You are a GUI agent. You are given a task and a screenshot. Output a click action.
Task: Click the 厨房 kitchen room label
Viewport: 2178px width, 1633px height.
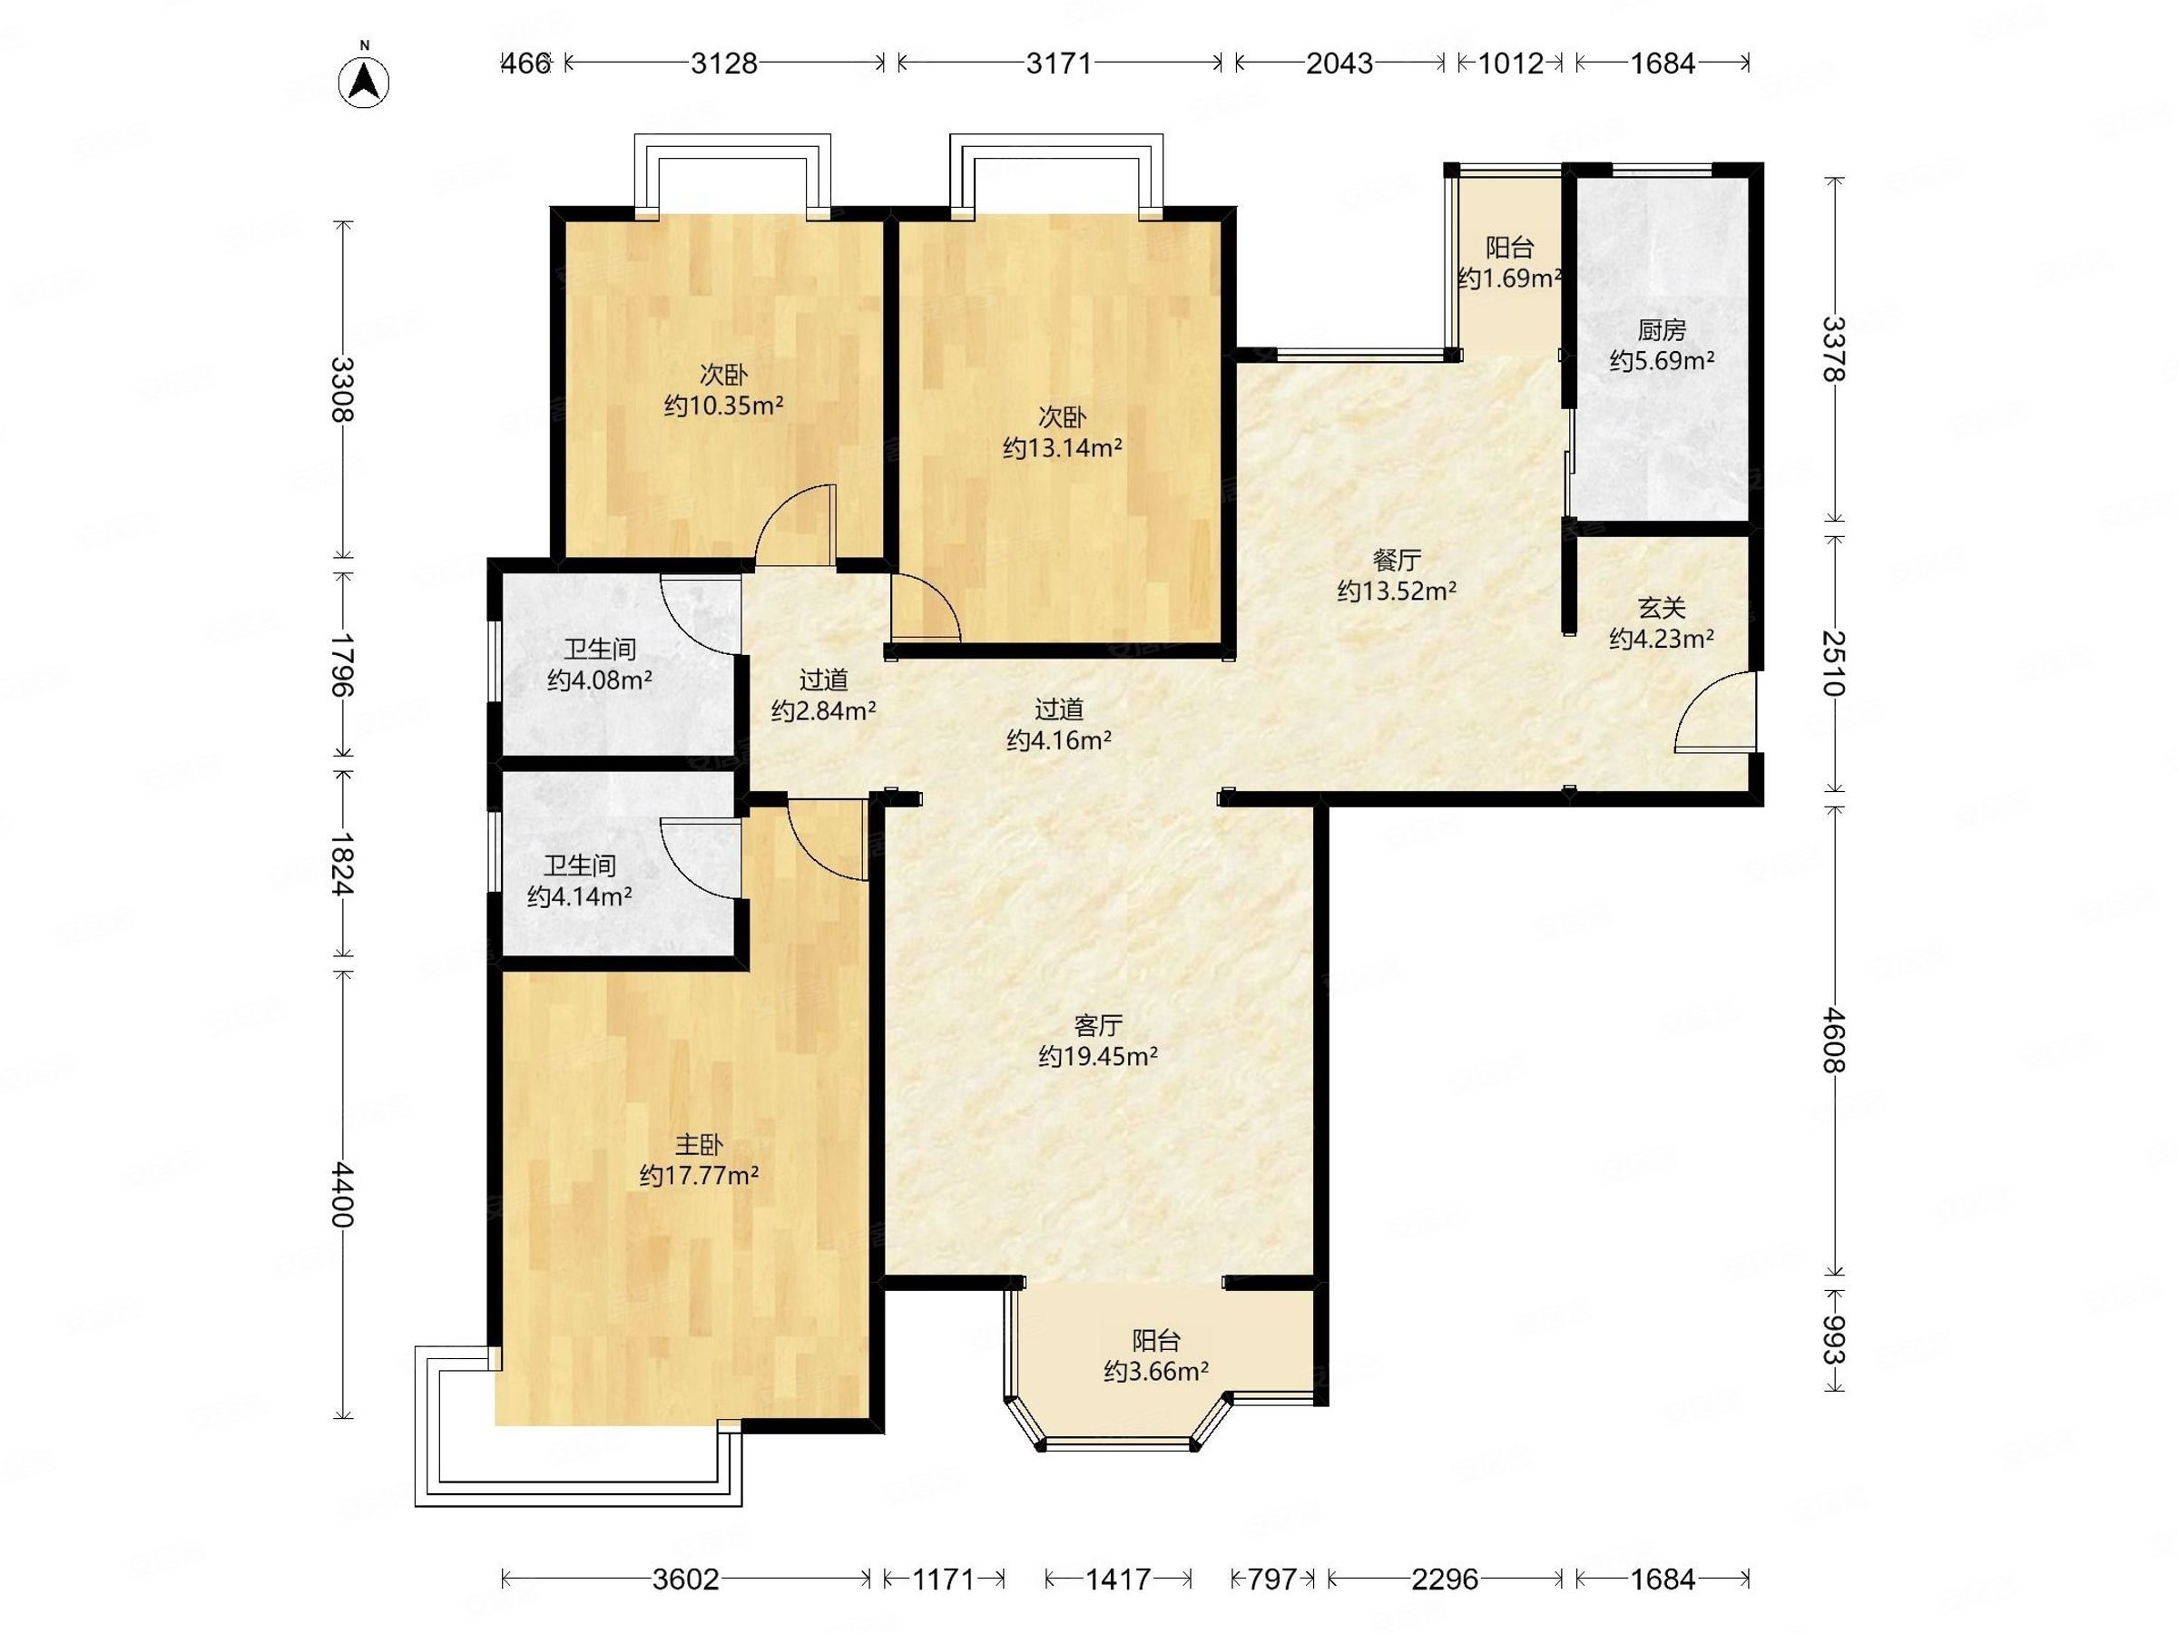tap(1662, 329)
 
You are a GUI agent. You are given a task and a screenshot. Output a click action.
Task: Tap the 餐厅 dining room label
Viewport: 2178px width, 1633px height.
tap(1397, 560)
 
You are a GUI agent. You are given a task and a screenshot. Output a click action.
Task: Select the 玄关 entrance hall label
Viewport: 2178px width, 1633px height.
tap(1662, 609)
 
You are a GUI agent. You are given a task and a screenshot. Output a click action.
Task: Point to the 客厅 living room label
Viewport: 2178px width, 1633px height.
tap(1098, 1026)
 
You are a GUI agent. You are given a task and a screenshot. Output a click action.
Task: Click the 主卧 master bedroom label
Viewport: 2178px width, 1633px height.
tap(699, 1145)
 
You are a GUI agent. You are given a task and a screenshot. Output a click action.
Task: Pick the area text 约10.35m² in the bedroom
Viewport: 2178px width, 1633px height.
tap(723, 406)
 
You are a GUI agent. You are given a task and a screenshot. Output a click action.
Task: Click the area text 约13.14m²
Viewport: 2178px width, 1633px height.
tap(1063, 449)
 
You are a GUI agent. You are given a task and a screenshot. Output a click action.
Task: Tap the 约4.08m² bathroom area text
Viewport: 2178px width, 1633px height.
tap(600, 680)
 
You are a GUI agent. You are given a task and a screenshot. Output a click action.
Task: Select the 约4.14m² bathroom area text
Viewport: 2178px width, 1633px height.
tap(579, 896)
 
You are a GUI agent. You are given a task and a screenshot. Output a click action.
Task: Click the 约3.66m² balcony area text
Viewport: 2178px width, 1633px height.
tap(1156, 1371)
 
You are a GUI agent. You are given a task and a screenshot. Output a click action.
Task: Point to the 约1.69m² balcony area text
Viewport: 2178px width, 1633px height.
tap(1509, 279)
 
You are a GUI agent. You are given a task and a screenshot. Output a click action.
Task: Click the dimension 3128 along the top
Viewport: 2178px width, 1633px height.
tap(723, 63)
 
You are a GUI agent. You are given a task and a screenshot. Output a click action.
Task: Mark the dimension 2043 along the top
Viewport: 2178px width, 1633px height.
tap(1339, 63)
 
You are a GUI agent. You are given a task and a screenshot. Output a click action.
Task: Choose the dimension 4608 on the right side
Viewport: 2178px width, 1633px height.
tap(1833, 1039)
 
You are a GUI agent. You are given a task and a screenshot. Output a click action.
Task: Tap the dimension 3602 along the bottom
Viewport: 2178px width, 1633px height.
tap(685, 1579)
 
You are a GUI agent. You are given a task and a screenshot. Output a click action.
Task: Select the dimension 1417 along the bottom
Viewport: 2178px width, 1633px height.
tap(1117, 1579)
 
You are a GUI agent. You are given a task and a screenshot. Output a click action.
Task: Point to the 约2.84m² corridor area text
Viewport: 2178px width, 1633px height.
tap(824, 710)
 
